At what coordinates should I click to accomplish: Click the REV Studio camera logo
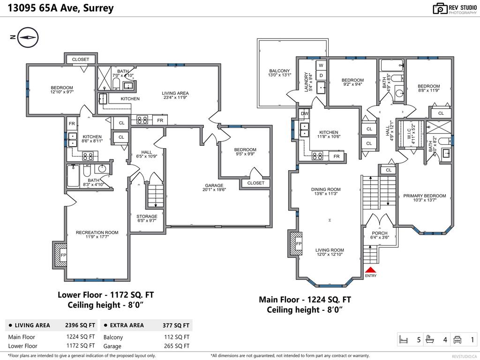[x=440, y=8]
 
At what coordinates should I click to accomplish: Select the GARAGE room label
[x=214, y=185]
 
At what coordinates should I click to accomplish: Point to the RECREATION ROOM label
[x=97, y=232]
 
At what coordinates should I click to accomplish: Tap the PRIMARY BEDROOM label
[x=425, y=196]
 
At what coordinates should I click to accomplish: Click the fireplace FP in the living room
[x=296, y=244]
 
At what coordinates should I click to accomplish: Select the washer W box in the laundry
[x=322, y=65]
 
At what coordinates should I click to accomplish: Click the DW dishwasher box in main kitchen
[x=305, y=113]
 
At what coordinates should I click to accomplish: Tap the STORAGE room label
[x=147, y=217]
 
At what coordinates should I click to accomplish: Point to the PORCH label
[x=380, y=233]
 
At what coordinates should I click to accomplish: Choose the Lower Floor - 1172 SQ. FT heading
[x=105, y=295]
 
